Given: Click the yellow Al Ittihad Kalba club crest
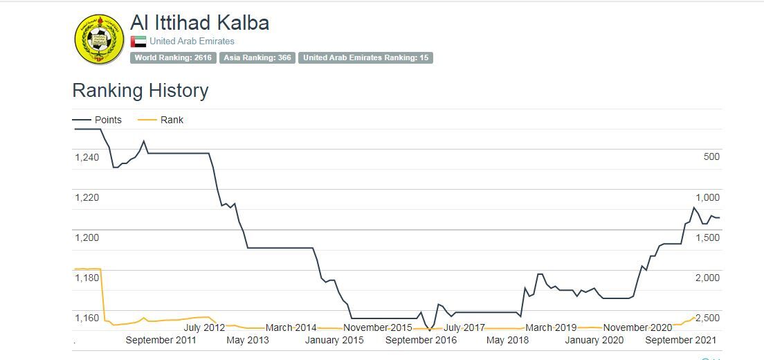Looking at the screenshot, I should tap(99, 39).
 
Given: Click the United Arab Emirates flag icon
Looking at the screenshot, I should tap(138, 42).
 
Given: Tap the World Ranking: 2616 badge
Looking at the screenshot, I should tap(173, 58).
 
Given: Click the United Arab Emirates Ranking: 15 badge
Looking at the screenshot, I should tap(365, 58).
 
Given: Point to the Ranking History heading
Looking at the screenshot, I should tap(140, 91).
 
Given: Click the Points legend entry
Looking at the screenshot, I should tap(107, 120).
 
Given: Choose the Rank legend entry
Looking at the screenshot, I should tap(172, 120).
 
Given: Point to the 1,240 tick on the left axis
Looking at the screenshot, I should tap(87, 157).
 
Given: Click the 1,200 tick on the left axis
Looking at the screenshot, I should tap(87, 237).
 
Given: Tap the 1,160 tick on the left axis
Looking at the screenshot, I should tap(87, 318).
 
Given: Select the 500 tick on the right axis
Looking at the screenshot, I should tap(711, 157).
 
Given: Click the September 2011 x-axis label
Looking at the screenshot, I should tap(161, 340).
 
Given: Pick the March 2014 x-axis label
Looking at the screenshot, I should tap(291, 327).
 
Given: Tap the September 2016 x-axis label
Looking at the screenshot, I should tap(421, 340).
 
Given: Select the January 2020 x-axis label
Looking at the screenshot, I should tap(594, 340).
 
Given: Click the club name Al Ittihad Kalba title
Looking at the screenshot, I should tap(199, 23).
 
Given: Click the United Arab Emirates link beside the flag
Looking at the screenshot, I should tap(192, 42).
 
